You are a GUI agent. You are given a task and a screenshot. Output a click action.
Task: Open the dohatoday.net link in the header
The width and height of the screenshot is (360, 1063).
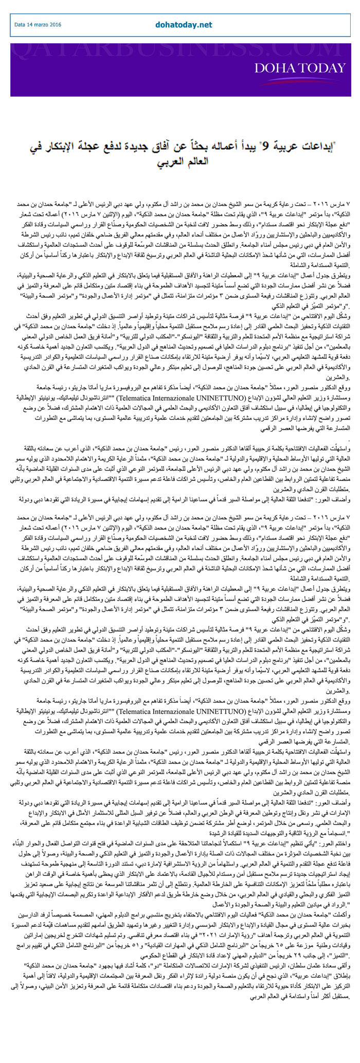click(x=184, y=24)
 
